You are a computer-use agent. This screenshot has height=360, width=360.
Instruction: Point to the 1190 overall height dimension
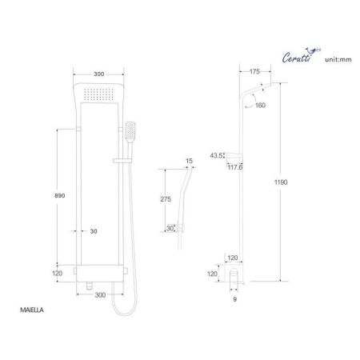(x=303, y=182)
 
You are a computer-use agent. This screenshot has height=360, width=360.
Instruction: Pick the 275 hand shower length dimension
(x=167, y=198)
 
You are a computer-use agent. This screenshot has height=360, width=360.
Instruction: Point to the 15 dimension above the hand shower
(x=189, y=162)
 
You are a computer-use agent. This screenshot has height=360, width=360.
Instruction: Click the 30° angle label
(x=170, y=228)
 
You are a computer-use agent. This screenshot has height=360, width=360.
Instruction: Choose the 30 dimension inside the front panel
(x=94, y=231)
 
